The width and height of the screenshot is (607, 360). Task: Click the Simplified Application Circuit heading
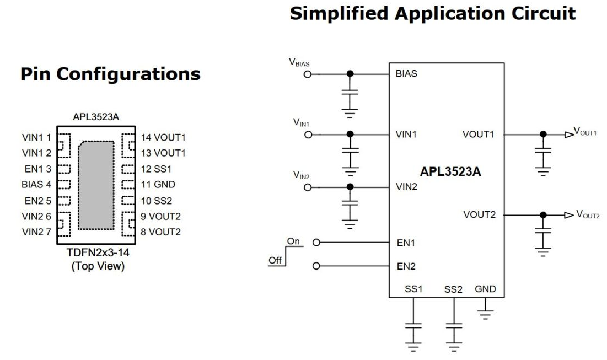[x=433, y=13]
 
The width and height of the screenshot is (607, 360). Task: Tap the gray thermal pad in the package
[x=96, y=184]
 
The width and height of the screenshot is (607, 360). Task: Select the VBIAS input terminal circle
[x=308, y=74]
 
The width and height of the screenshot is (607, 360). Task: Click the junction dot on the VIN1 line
[x=349, y=134]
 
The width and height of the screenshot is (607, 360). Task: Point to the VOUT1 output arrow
[x=568, y=134]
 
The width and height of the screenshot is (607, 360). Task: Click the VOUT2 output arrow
[x=568, y=215]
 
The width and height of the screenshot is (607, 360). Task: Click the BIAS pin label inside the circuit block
[x=406, y=74]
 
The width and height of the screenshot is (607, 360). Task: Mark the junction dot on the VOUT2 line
[x=544, y=215]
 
